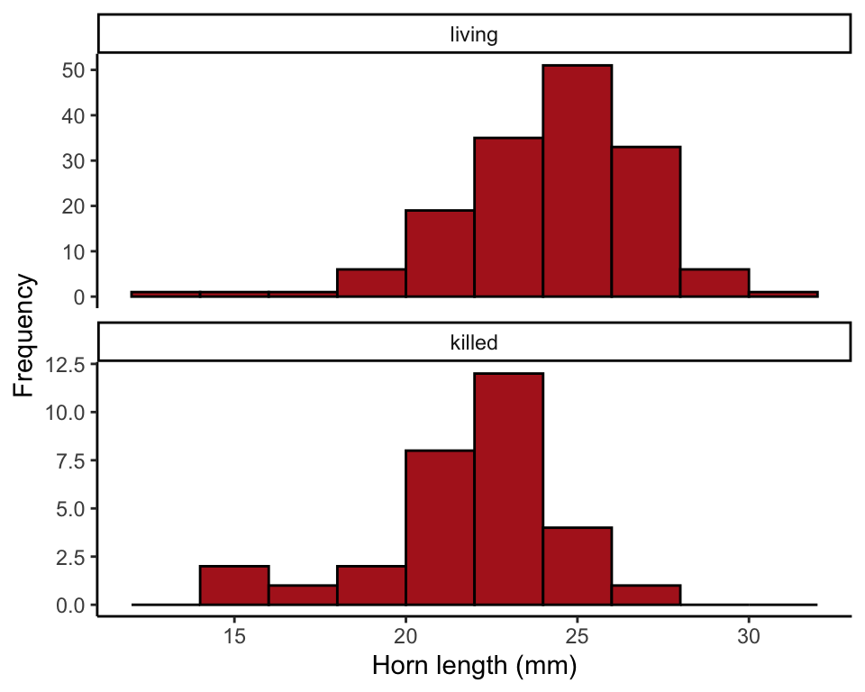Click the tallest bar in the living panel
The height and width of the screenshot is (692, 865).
[578, 180]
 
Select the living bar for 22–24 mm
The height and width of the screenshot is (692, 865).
[509, 217]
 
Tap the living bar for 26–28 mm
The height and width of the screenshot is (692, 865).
[646, 222]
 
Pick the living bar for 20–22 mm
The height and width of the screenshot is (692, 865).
[440, 253]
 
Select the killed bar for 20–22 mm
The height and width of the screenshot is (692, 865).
[440, 527]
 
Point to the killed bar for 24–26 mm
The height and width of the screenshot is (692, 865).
[578, 566]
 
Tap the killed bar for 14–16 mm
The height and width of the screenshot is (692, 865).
[234, 585]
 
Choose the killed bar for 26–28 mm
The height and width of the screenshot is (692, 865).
[646, 595]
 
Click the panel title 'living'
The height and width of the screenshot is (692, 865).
[474, 35]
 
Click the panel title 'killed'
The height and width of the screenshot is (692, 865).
[474, 342]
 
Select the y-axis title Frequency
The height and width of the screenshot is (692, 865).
[25, 335]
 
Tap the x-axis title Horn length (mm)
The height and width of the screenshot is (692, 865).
[474, 667]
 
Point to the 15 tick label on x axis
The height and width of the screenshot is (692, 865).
[234, 634]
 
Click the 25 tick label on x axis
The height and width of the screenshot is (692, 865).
[578, 634]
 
